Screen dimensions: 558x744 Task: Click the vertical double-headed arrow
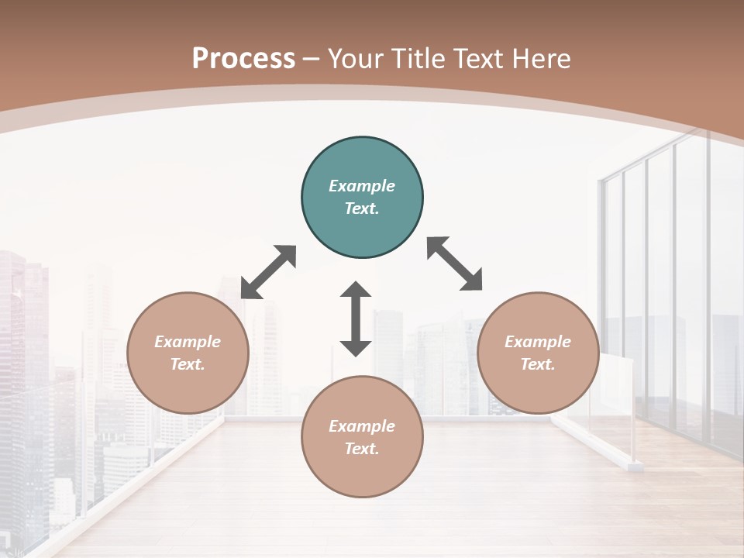356,319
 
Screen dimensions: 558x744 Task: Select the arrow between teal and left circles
268,272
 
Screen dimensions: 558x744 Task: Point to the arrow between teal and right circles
455,263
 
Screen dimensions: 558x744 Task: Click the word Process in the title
243,59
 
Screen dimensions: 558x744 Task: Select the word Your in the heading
356,59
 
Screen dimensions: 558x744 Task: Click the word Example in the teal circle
362,186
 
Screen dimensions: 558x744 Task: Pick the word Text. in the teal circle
362,208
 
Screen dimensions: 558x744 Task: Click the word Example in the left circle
188,342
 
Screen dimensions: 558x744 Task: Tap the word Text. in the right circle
538,364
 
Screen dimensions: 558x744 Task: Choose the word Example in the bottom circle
362,426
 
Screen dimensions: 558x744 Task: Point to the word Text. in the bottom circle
362,449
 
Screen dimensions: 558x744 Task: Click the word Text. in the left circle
188,364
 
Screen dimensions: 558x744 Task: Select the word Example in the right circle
538,342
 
